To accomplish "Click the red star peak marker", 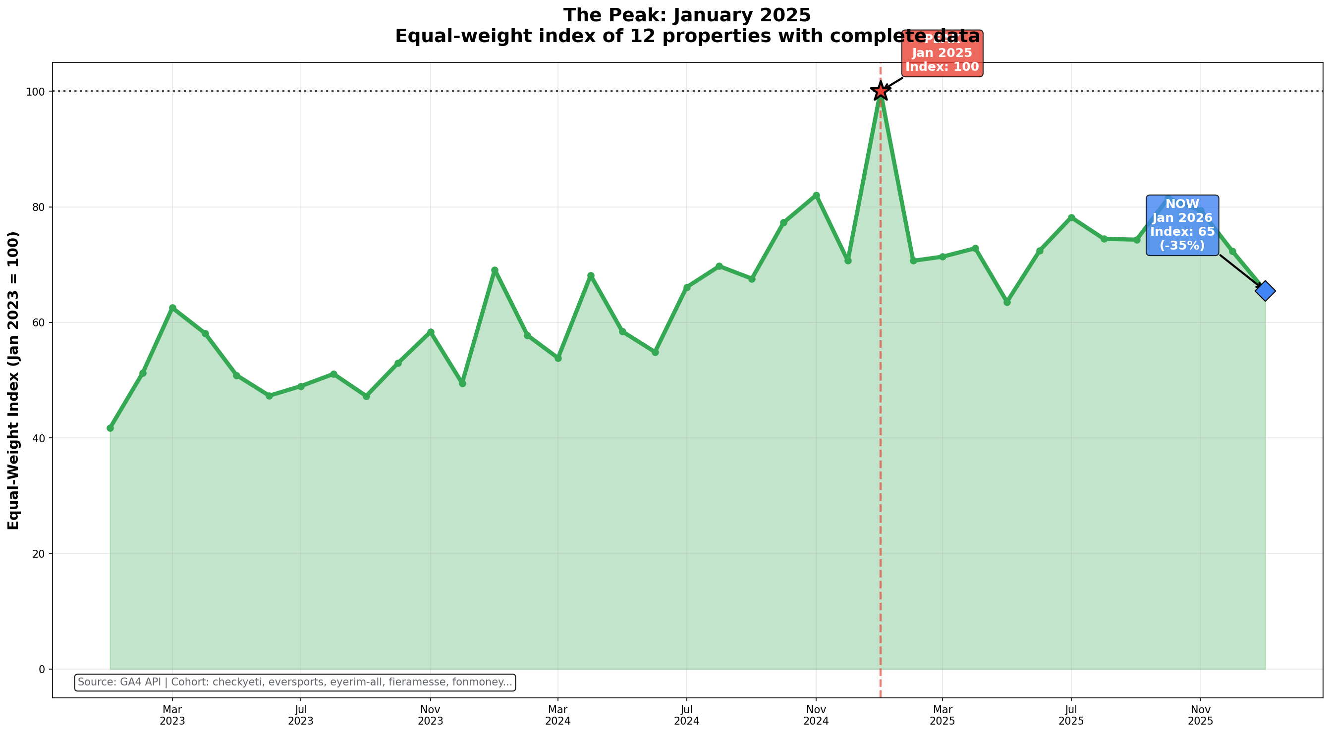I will tap(880, 91).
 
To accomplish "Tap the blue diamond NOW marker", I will tap(1265, 291).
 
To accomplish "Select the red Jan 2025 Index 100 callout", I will tap(942, 53).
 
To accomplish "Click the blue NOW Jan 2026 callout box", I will tap(1182, 225).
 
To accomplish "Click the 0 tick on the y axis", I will tap(44, 670).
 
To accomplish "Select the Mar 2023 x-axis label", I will tap(172, 715).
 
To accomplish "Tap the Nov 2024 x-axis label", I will tap(816, 715).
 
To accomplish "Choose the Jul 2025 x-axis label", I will tap(1071, 715).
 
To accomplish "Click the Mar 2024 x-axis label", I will tap(557, 715).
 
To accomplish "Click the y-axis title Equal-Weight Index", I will tap(13, 380).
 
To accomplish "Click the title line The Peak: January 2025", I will tap(687, 15).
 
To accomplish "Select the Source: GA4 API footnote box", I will tap(295, 682).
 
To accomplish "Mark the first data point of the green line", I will tap(110, 428).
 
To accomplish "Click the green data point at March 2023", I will tap(172, 308).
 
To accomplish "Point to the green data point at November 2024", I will tap(816, 195).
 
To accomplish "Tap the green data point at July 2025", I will tap(1071, 218).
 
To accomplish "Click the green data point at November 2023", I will tap(431, 332).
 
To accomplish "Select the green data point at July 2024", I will tap(687, 287).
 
